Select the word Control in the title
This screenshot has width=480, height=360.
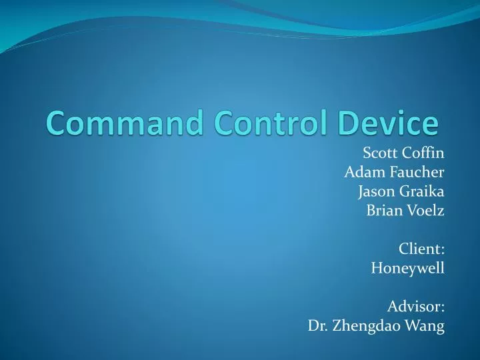pyautogui.click(x=246, y=123)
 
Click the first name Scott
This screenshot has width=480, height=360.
pyautogui.click(x=379, y=153)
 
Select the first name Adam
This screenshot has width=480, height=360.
pyautogui.click(x=361, y=173)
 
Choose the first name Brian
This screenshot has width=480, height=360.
pyautogui.click(x=383, y=211)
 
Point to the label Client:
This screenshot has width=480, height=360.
pyautogui.click(x=421, y=249)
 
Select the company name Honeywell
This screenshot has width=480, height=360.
pyautogui.click(x=407, y=269)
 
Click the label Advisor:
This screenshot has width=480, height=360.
pyautogui.click(x=415, y=307)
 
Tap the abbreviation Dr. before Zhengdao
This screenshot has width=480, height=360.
pyautogui.click(x=317, y=326)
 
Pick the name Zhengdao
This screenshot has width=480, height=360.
pyautogui.click(x=369, y=327)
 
